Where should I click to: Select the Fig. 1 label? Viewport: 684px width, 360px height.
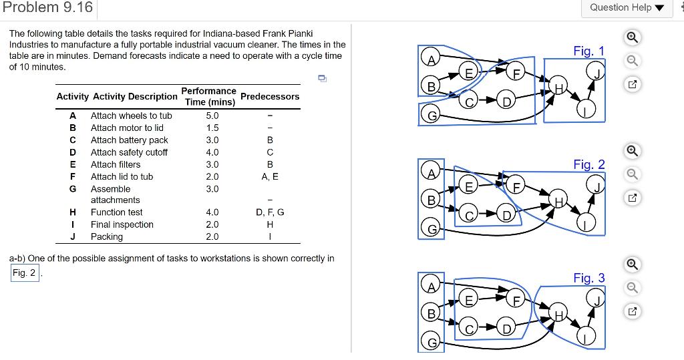pyautogui.click(x=588, y=51)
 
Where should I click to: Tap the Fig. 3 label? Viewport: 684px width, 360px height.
pyautogui.click(x=588, y=278)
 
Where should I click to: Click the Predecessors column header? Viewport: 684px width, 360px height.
pyautogui.click(x=270, y=96)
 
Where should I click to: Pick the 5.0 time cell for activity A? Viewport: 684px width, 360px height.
pyautogui.click(x=212, y=116)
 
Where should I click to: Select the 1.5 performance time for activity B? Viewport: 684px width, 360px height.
pyautogui.click(x=212, y=128)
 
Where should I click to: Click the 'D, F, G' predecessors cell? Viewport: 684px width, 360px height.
pyautogui.click(x=270, y=212)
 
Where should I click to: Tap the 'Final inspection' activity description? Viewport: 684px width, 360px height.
pyautogui.click(x=122, y=224)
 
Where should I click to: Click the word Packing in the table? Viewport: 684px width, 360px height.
pyautogui.click(x=107, y=236)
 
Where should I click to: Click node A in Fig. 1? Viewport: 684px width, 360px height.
pyautogui.click(x=432, y=61)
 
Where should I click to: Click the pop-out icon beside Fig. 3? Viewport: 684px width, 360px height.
pyautogui.click(x=633, y=311)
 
